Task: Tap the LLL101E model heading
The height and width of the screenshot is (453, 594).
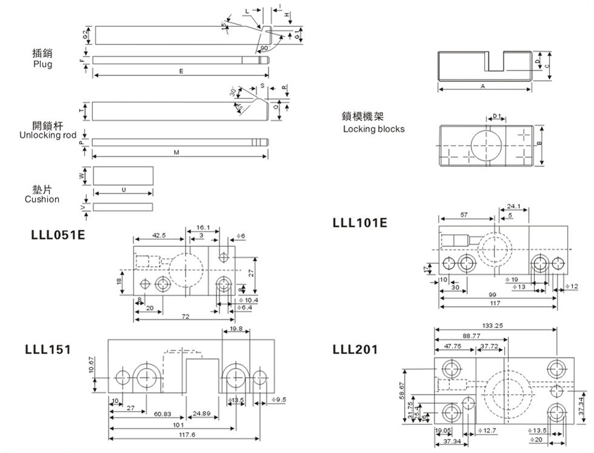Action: (360, 222)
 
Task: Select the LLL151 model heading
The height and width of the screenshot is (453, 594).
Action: (48, 349)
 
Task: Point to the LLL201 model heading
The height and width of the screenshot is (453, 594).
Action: (355, 349)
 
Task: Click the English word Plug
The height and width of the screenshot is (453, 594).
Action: (43, 64)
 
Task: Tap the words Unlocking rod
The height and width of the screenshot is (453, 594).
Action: (48, 135)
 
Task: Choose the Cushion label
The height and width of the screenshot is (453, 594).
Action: (42, 199)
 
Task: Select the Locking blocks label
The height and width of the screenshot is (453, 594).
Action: (373, 129)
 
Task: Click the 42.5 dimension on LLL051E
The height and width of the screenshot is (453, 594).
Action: (159, 235)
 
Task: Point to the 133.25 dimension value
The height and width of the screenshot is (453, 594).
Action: (492, 326)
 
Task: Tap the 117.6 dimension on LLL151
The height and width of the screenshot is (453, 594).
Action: (187, 434)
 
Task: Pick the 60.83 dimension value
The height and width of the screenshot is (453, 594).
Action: (163, 414)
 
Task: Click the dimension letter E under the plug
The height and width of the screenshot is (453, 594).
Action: (181, 71)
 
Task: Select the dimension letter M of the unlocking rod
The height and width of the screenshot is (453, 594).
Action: (176, 153)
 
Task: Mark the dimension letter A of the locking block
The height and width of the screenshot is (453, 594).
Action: (483, 86)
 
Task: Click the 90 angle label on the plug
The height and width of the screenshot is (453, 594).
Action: (264, 48)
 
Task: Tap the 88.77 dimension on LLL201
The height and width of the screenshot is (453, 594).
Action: (471, 336)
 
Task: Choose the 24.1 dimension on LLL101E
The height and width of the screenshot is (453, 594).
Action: (513, 206)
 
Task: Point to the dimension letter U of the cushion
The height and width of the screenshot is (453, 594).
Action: (124, 190)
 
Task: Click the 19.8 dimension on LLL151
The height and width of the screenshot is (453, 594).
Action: (236, 329)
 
